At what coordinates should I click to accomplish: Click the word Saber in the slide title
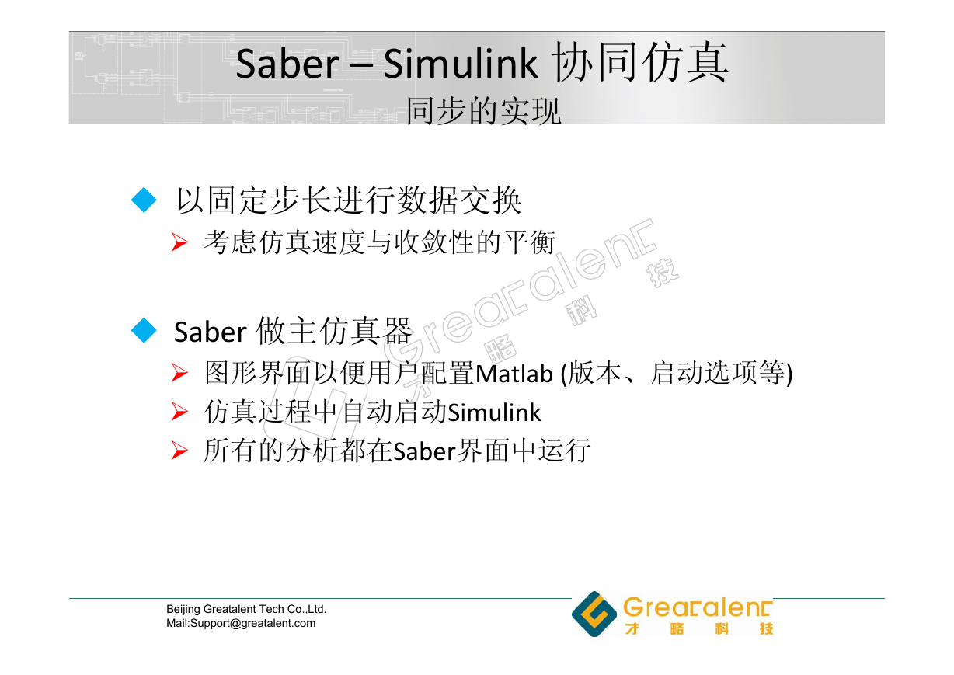pyautogui.click(x=287, y=64)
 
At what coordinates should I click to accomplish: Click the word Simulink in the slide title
pyautogui.click(x=460, y=63)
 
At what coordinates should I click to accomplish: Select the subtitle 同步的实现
pyautogui.click(x=483, y=111)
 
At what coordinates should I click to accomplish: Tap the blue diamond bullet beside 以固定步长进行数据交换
pyautogui.click(x=144, y=200)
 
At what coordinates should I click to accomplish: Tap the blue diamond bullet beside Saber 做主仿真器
pyautogui.click(x=144, y=330)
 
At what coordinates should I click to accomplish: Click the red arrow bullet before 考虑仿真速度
pyautogui.click(x=179, y=242)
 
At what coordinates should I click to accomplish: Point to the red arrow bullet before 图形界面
pyautogui.click(x=179, y=373)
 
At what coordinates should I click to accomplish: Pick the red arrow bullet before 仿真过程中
pyautogui.click(x=179, y=412)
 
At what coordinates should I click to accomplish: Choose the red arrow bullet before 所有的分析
pyautogui.click(x=179, y=451)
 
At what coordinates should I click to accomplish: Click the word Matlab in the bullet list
pyautogui.click(x=514, y=374)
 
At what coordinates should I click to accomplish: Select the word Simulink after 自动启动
pyautogui.click(x=494, y=412)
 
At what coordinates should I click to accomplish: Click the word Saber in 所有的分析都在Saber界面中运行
pyautogui.click(x=425, y=451)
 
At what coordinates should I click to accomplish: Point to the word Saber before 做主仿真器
pyautogui.click(x=211, y=332)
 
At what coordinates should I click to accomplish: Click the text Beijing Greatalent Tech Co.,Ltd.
pyautogui.click(x=246, y=610)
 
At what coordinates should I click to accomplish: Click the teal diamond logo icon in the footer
pyautogui.click(x=594, y=614)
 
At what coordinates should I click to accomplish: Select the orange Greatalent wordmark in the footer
pyautogui.click(x=698, y=607)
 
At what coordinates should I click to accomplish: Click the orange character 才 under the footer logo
pyautogui.click(x=632, y=628)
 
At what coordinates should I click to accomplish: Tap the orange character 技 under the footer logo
pyautogui.click(x=766, y=628)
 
